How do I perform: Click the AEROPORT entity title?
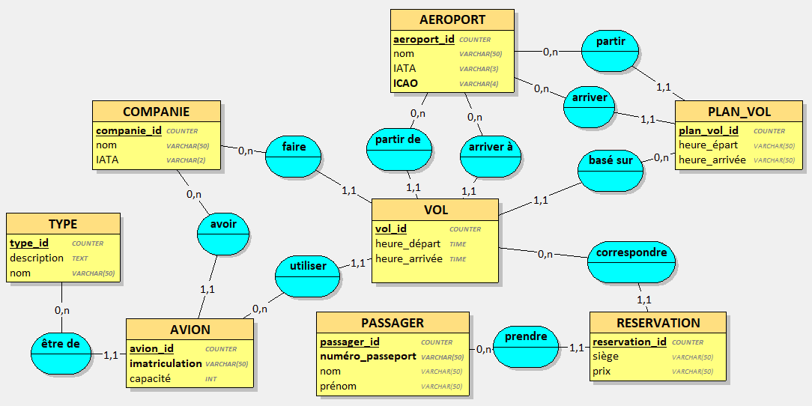click(452, 20)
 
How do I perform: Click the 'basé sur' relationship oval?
click(610, 170)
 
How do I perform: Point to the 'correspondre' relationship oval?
click(631, 261)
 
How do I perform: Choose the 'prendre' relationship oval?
click(526, 346)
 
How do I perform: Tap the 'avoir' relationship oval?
click(223, 233)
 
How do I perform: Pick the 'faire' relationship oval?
click(294, 157)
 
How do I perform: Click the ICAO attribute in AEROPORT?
click(405, 83)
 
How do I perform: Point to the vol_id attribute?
click(391, 228)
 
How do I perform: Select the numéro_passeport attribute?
click(368, 357)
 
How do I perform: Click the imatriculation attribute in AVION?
click(166, 363)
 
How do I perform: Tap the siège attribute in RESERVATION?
click(605, 357)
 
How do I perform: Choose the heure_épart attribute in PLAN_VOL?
click(708, 145)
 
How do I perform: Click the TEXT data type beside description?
click(79, 258)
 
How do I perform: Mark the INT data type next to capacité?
click(211, 379)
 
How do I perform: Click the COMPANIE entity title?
click(156, 112)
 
